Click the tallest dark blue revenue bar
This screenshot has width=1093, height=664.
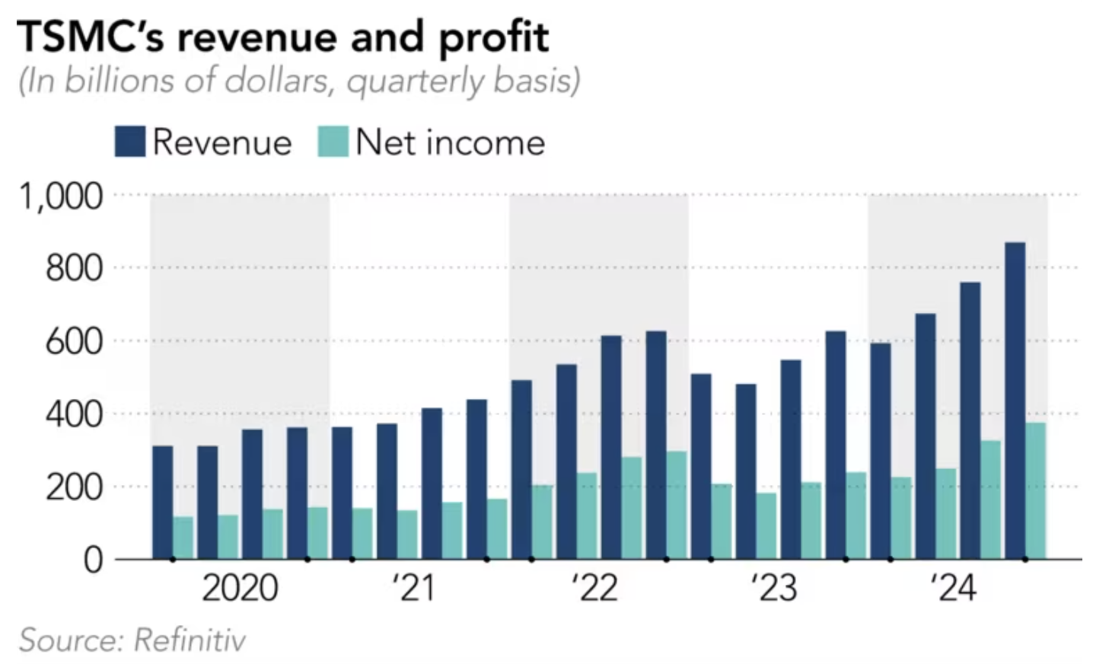point(1015,400)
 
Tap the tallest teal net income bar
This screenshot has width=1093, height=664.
point(1035,490)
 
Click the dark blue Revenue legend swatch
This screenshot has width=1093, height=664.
point(129,142)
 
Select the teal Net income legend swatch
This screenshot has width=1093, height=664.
point(333,142)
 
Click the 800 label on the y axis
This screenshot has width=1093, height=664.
point(74,268)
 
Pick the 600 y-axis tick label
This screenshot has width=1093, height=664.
point(74,341)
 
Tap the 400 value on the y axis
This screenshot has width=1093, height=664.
point(74,414)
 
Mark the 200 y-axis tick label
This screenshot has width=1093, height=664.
point(74,487)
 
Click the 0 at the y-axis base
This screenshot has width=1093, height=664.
point(92,560)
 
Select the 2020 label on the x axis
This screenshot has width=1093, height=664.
point(240,589)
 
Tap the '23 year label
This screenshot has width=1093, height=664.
point(773,589)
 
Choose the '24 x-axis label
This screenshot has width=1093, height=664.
point(952,589)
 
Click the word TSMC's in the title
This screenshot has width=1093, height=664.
point(90,37)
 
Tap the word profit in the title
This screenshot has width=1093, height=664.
point(494,39)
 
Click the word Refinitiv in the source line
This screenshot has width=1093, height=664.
point(190,640)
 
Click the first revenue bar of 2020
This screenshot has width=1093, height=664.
point(162,502)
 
